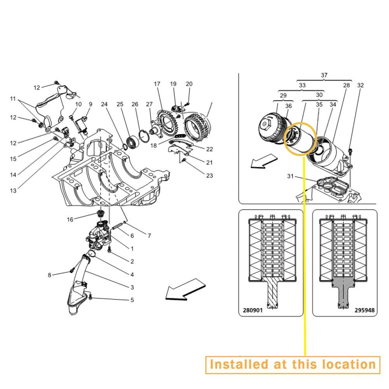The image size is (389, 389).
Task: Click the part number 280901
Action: (x=252, y=310)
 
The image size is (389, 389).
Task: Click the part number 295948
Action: (x=364, y=310)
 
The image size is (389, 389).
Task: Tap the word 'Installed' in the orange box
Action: (x=239, y=364)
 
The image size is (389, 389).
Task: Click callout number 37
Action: (x=324, y=75)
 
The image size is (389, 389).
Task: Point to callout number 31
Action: (x=290, y=176)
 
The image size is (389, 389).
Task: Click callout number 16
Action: (x=70, y=219)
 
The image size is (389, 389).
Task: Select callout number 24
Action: (x=104, y=104)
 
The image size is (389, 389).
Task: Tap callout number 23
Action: (x=209, y=176)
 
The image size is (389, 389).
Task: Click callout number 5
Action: (x=132, y=300)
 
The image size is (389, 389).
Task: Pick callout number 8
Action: (x=49, y=275)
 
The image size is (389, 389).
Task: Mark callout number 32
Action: (x=360, y=85)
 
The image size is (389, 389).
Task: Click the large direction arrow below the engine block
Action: (x=186, y=289)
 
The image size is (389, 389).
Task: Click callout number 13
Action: (x=13, y=191)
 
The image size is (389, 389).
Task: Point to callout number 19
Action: (x=173, y=84)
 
